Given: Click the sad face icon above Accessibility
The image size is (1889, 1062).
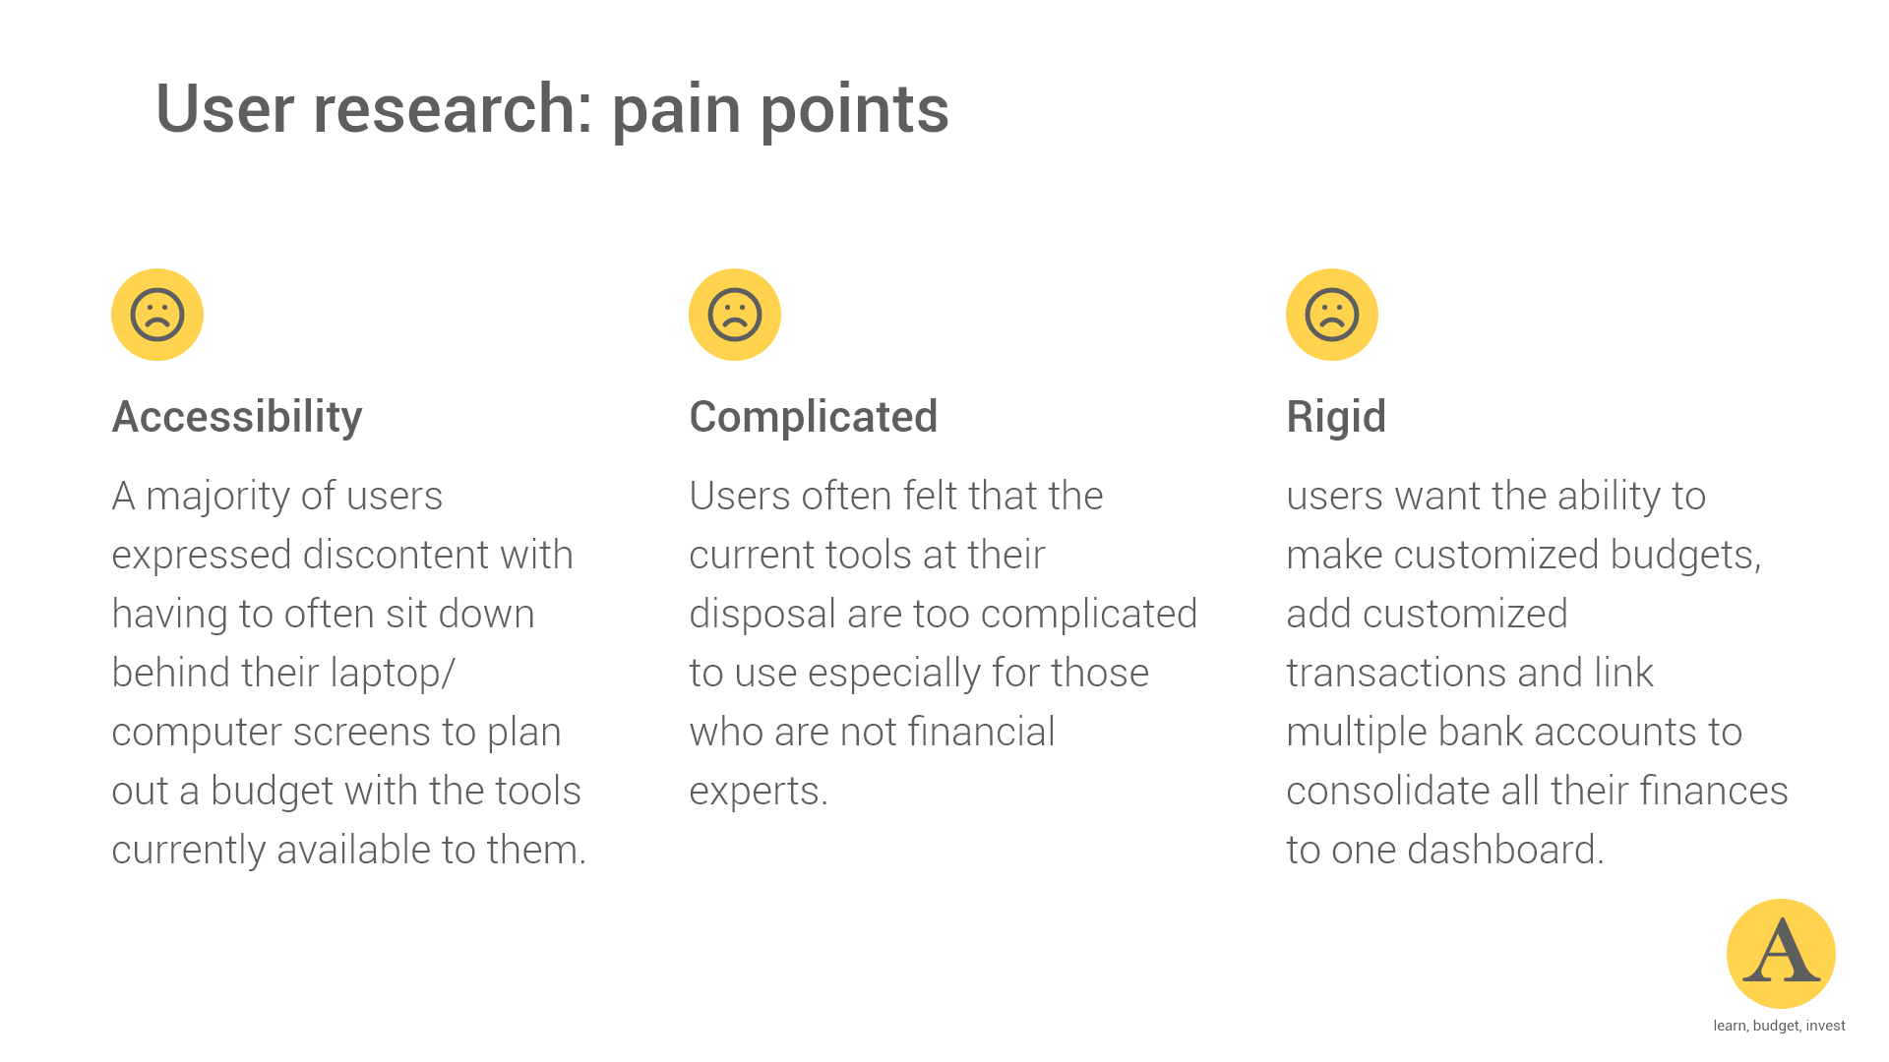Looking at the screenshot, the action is click(157, 315).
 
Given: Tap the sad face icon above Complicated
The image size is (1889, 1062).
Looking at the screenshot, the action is click(735, 315).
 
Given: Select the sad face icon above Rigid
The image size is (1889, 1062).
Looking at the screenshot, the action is click(1332, 315).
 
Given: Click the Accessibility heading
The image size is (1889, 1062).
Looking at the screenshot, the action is click(237, 417).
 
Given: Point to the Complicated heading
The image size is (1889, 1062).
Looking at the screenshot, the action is click(814, 417).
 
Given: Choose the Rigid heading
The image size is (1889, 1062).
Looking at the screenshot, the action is click(1336, 417).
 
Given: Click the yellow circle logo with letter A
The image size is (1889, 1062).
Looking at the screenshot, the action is click(1781, 953).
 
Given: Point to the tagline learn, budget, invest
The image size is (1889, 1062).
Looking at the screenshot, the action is click(1779, 1026).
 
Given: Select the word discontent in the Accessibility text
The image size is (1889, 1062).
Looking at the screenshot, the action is click(396, 556).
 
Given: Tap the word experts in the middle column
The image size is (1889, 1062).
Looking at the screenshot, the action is click(755, 792).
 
